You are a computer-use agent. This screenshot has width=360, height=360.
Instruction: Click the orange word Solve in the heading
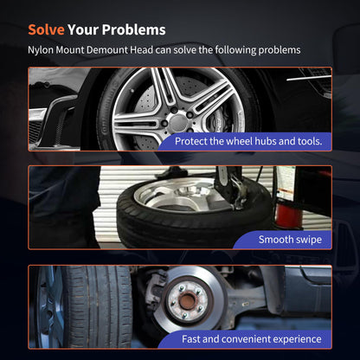(x=46, y=29)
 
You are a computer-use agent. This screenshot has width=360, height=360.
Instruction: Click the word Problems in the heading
(x=133, y=29)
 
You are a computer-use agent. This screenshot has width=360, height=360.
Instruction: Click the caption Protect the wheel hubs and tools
(x=248, y=141)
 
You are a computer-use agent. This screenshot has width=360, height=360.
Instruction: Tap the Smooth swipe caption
(x=290, y=240)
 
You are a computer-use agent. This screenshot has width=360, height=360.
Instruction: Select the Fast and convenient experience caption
(x=252, y=339)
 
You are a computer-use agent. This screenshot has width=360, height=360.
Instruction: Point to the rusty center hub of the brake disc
(x=187, y=300)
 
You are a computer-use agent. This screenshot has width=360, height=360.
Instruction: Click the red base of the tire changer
(x=288, y=214)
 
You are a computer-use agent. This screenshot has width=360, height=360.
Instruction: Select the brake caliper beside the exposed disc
(x=155, y=288)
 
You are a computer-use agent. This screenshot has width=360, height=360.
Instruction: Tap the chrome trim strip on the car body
(x=309, y=78)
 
